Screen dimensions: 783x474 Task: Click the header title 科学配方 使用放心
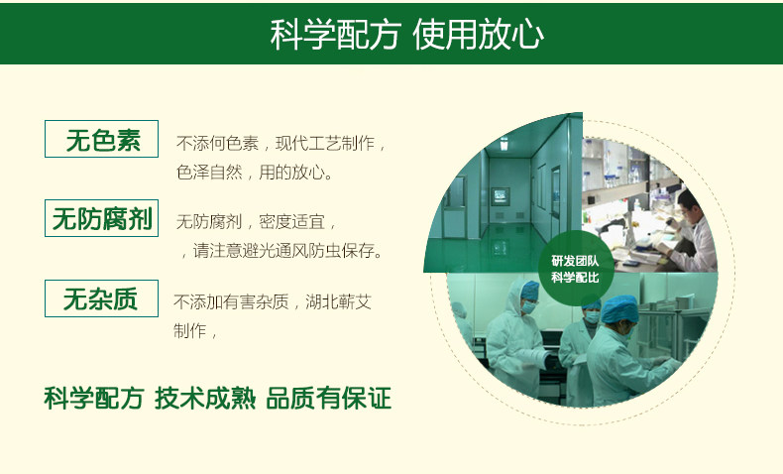406,35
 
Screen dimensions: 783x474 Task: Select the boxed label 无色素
101,139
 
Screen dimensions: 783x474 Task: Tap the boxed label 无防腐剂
101,218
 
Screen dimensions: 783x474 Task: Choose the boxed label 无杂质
101,298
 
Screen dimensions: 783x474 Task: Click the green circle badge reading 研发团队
575,268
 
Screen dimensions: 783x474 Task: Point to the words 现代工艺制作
325,144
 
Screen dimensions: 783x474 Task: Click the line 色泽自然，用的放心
255,173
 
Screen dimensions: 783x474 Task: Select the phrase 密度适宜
291,222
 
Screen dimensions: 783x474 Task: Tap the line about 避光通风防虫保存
282,250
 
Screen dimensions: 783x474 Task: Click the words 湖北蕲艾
339,301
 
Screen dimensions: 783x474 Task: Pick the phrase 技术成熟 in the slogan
205,398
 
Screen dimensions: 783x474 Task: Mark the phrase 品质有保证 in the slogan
329,398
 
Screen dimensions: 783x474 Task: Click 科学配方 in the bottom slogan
94,398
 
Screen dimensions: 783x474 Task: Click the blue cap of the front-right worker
619,308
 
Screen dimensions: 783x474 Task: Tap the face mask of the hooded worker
528,306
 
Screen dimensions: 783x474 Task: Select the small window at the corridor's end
501,195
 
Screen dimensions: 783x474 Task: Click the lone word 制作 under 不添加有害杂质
189,330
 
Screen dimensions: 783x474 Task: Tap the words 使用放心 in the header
478,35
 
